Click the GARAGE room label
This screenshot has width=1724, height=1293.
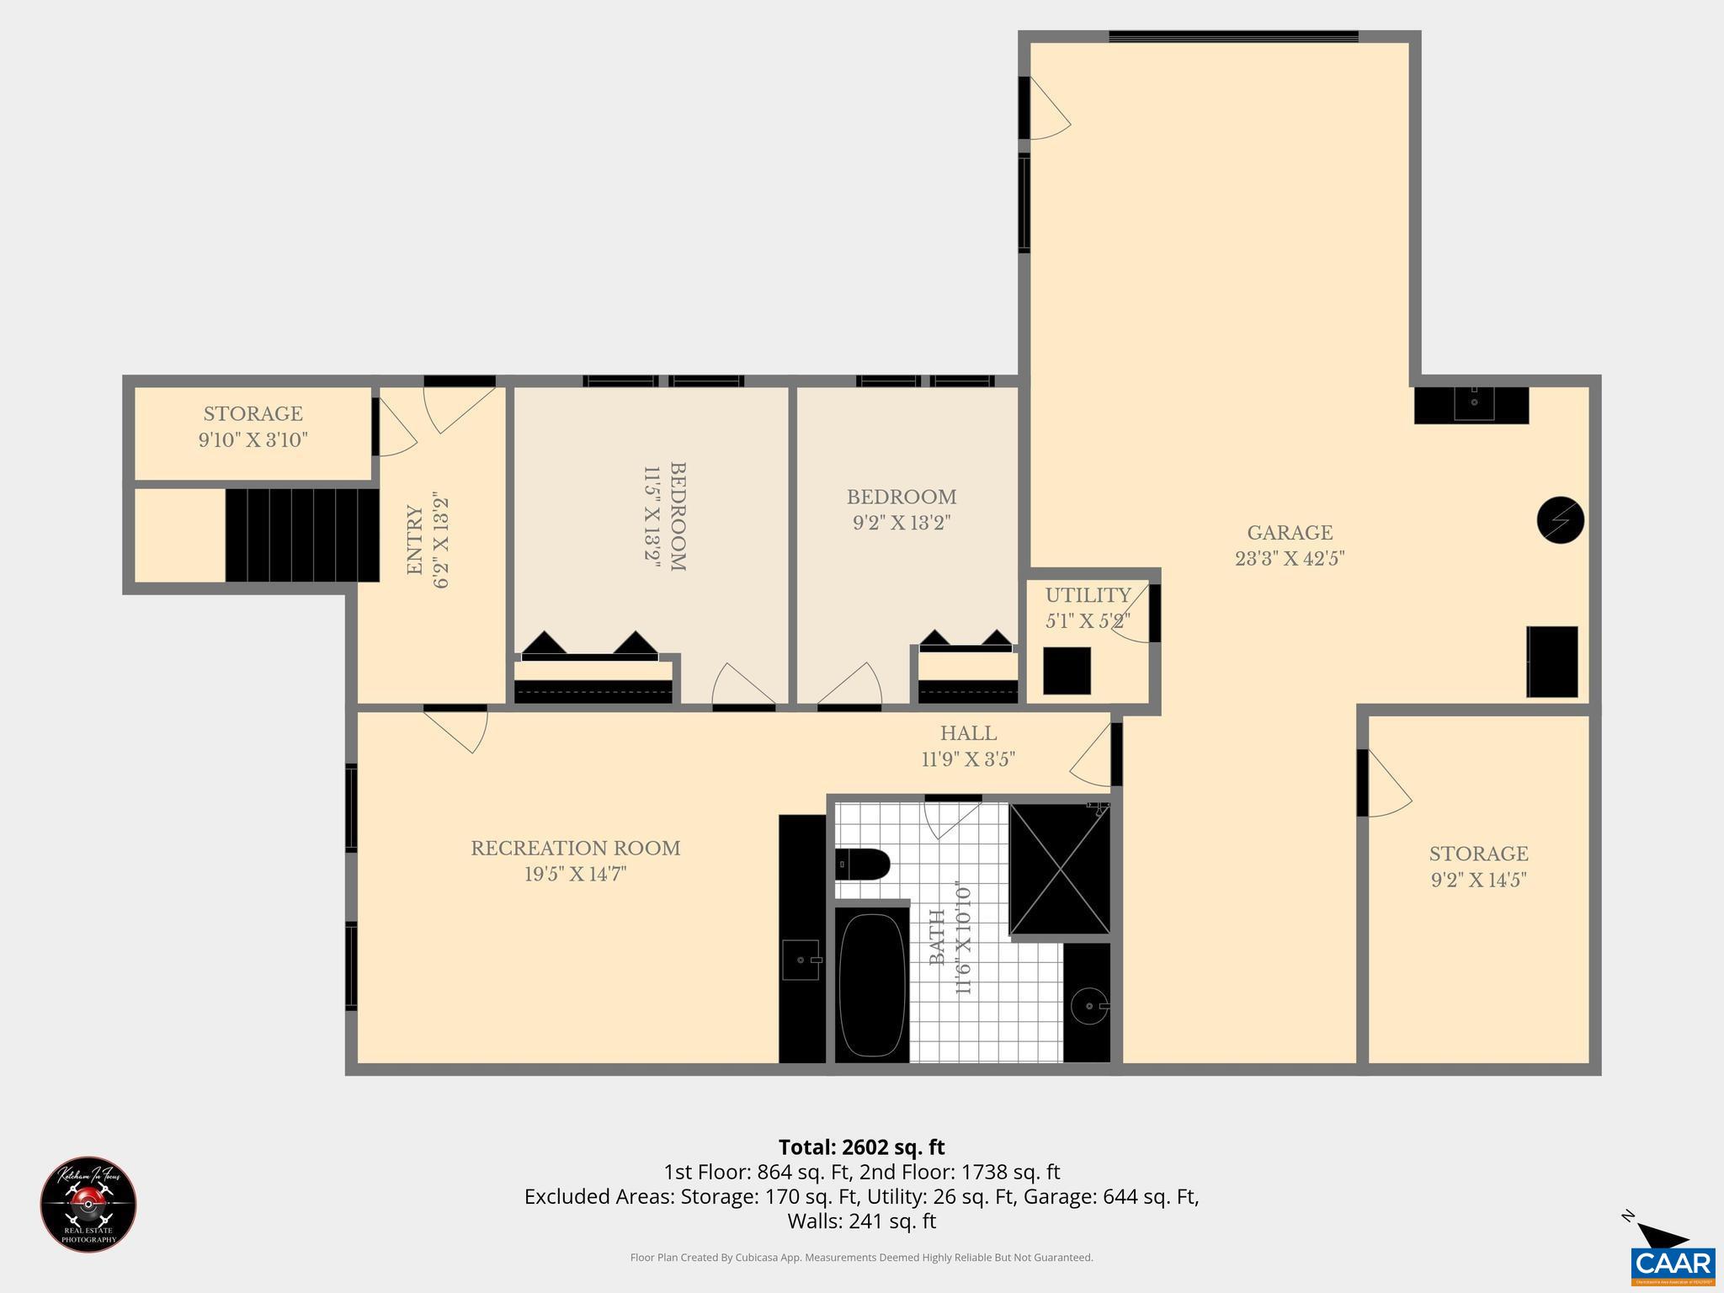pyautogui.click(x=1289, y=533)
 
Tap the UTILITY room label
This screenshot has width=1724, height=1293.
pyautogui.click(x=1088, y=596)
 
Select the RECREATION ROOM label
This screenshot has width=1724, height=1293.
pyautogui.click(x=575, y=849)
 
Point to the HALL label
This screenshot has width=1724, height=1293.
pyautogui.click(x=968, y=734)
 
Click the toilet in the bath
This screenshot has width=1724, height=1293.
pyautogui.click(x=864, y=864)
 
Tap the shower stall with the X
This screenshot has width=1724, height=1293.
pyautogui.click(x=1060, y=869)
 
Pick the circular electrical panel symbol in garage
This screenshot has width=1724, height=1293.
pyautogui.click(x=1560, y=520)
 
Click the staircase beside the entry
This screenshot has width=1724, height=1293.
pyautogui.click(x=301, y=535)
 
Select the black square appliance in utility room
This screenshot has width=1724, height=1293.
pyautogui.click(x=1067, y=671)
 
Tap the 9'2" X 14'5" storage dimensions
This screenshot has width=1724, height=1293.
pyautogui.click(x=1478, y=881)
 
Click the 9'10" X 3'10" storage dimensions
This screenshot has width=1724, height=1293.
pyautogui.click(x=253, y=440)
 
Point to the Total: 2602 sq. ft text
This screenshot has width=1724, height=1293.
pyautogui.click(x=861, y=1147)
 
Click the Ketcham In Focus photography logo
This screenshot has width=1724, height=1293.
pyautogui.click(x=88, y=1204)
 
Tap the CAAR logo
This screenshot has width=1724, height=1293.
pyautogui.click(x=1673, y=1264)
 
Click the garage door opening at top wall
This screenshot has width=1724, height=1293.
pyautogui.click(x=1233, y=36)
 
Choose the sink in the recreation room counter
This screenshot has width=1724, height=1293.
pyautogui.click(x=801, y=960)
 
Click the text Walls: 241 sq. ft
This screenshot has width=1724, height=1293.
pyautogui.click(x=861, y=1221)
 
